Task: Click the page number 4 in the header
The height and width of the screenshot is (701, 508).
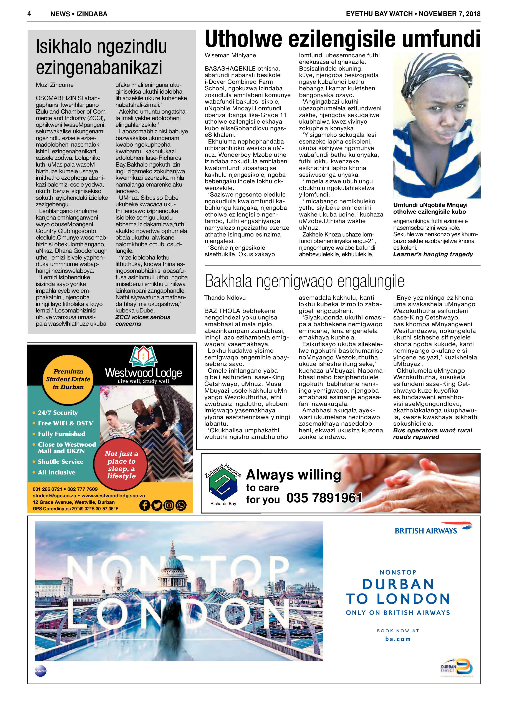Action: [29, 14]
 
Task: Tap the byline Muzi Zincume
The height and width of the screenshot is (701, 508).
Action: [55, 85]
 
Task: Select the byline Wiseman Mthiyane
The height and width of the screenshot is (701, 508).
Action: [230, 55]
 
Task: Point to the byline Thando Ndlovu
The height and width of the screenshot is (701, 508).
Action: [225, 298]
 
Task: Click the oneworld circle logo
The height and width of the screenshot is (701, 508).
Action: [40, 671]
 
